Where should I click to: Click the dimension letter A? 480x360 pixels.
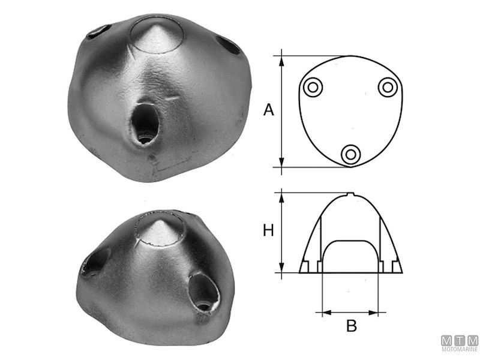click(x=268, y=110)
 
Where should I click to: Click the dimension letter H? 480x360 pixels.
click(x=268, y=230)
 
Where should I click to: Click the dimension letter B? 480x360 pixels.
click(x=352, y=326)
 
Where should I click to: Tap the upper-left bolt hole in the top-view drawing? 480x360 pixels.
click(x=313, y=88)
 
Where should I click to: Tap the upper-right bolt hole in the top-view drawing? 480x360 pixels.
click(x=388, y=88)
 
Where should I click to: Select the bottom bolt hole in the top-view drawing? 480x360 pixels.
click(x=351, y=154)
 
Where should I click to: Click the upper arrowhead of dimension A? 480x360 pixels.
click(x=281, y=61)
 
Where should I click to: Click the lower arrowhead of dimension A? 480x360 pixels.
click(x=281, y=162)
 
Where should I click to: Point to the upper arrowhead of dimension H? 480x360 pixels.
click(x=281, y=198)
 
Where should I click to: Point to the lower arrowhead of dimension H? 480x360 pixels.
click(x=281, y=267)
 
